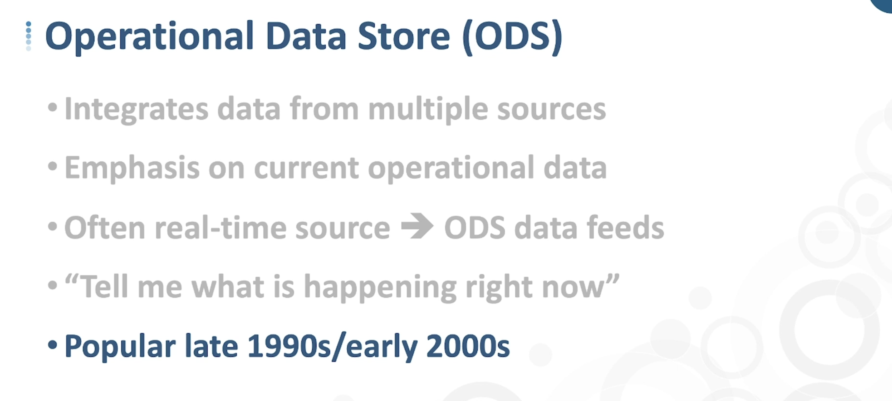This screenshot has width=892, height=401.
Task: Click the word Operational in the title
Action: pyautogui.click(x=150, y=37)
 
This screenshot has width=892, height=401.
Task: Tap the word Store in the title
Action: pyautogui.click(x=404, y=36)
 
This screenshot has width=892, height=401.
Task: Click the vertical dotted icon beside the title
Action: pyautogui.click(x=28, y=36)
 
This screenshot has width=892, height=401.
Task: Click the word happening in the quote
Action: pyautogui.click(x=380, y=288)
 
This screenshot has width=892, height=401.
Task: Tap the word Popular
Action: pyautogui.click(x=120, y=347)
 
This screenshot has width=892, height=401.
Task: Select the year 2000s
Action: pyautogui.click(x=468, y=346)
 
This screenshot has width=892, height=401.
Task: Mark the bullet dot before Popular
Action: pyautogui.click(x=52, y=345)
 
